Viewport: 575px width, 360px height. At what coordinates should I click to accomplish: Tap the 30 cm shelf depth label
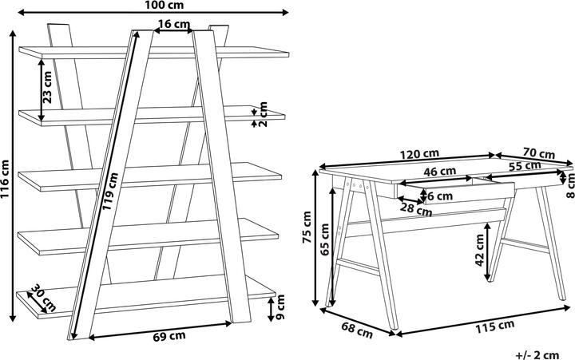pos(42,298)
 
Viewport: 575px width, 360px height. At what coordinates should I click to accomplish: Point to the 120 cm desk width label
pos(420,153)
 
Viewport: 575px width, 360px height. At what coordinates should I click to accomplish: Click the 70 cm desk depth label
pos(539,153)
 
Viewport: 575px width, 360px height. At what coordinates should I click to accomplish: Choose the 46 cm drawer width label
pos(439,171)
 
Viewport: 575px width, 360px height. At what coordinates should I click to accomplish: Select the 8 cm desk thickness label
pos(569,184)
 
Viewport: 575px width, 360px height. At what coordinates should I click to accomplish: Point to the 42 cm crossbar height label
pos(480,249)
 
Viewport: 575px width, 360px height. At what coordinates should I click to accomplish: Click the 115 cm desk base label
pos(494,325)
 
